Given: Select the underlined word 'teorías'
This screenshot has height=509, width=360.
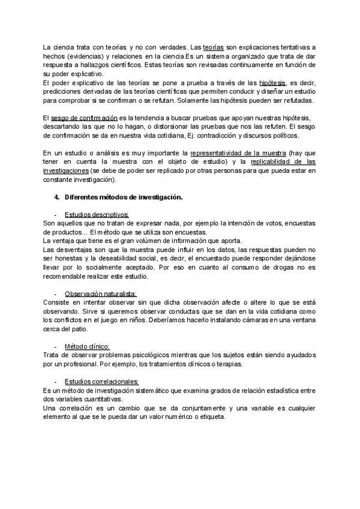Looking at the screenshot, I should coord(214,46).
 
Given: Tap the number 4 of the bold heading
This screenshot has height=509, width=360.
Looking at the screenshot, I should coord(56,196).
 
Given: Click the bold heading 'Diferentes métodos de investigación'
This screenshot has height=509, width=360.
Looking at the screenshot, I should coord(123,196).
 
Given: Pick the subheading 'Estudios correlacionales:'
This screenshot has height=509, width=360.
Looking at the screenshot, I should coord(101,382).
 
